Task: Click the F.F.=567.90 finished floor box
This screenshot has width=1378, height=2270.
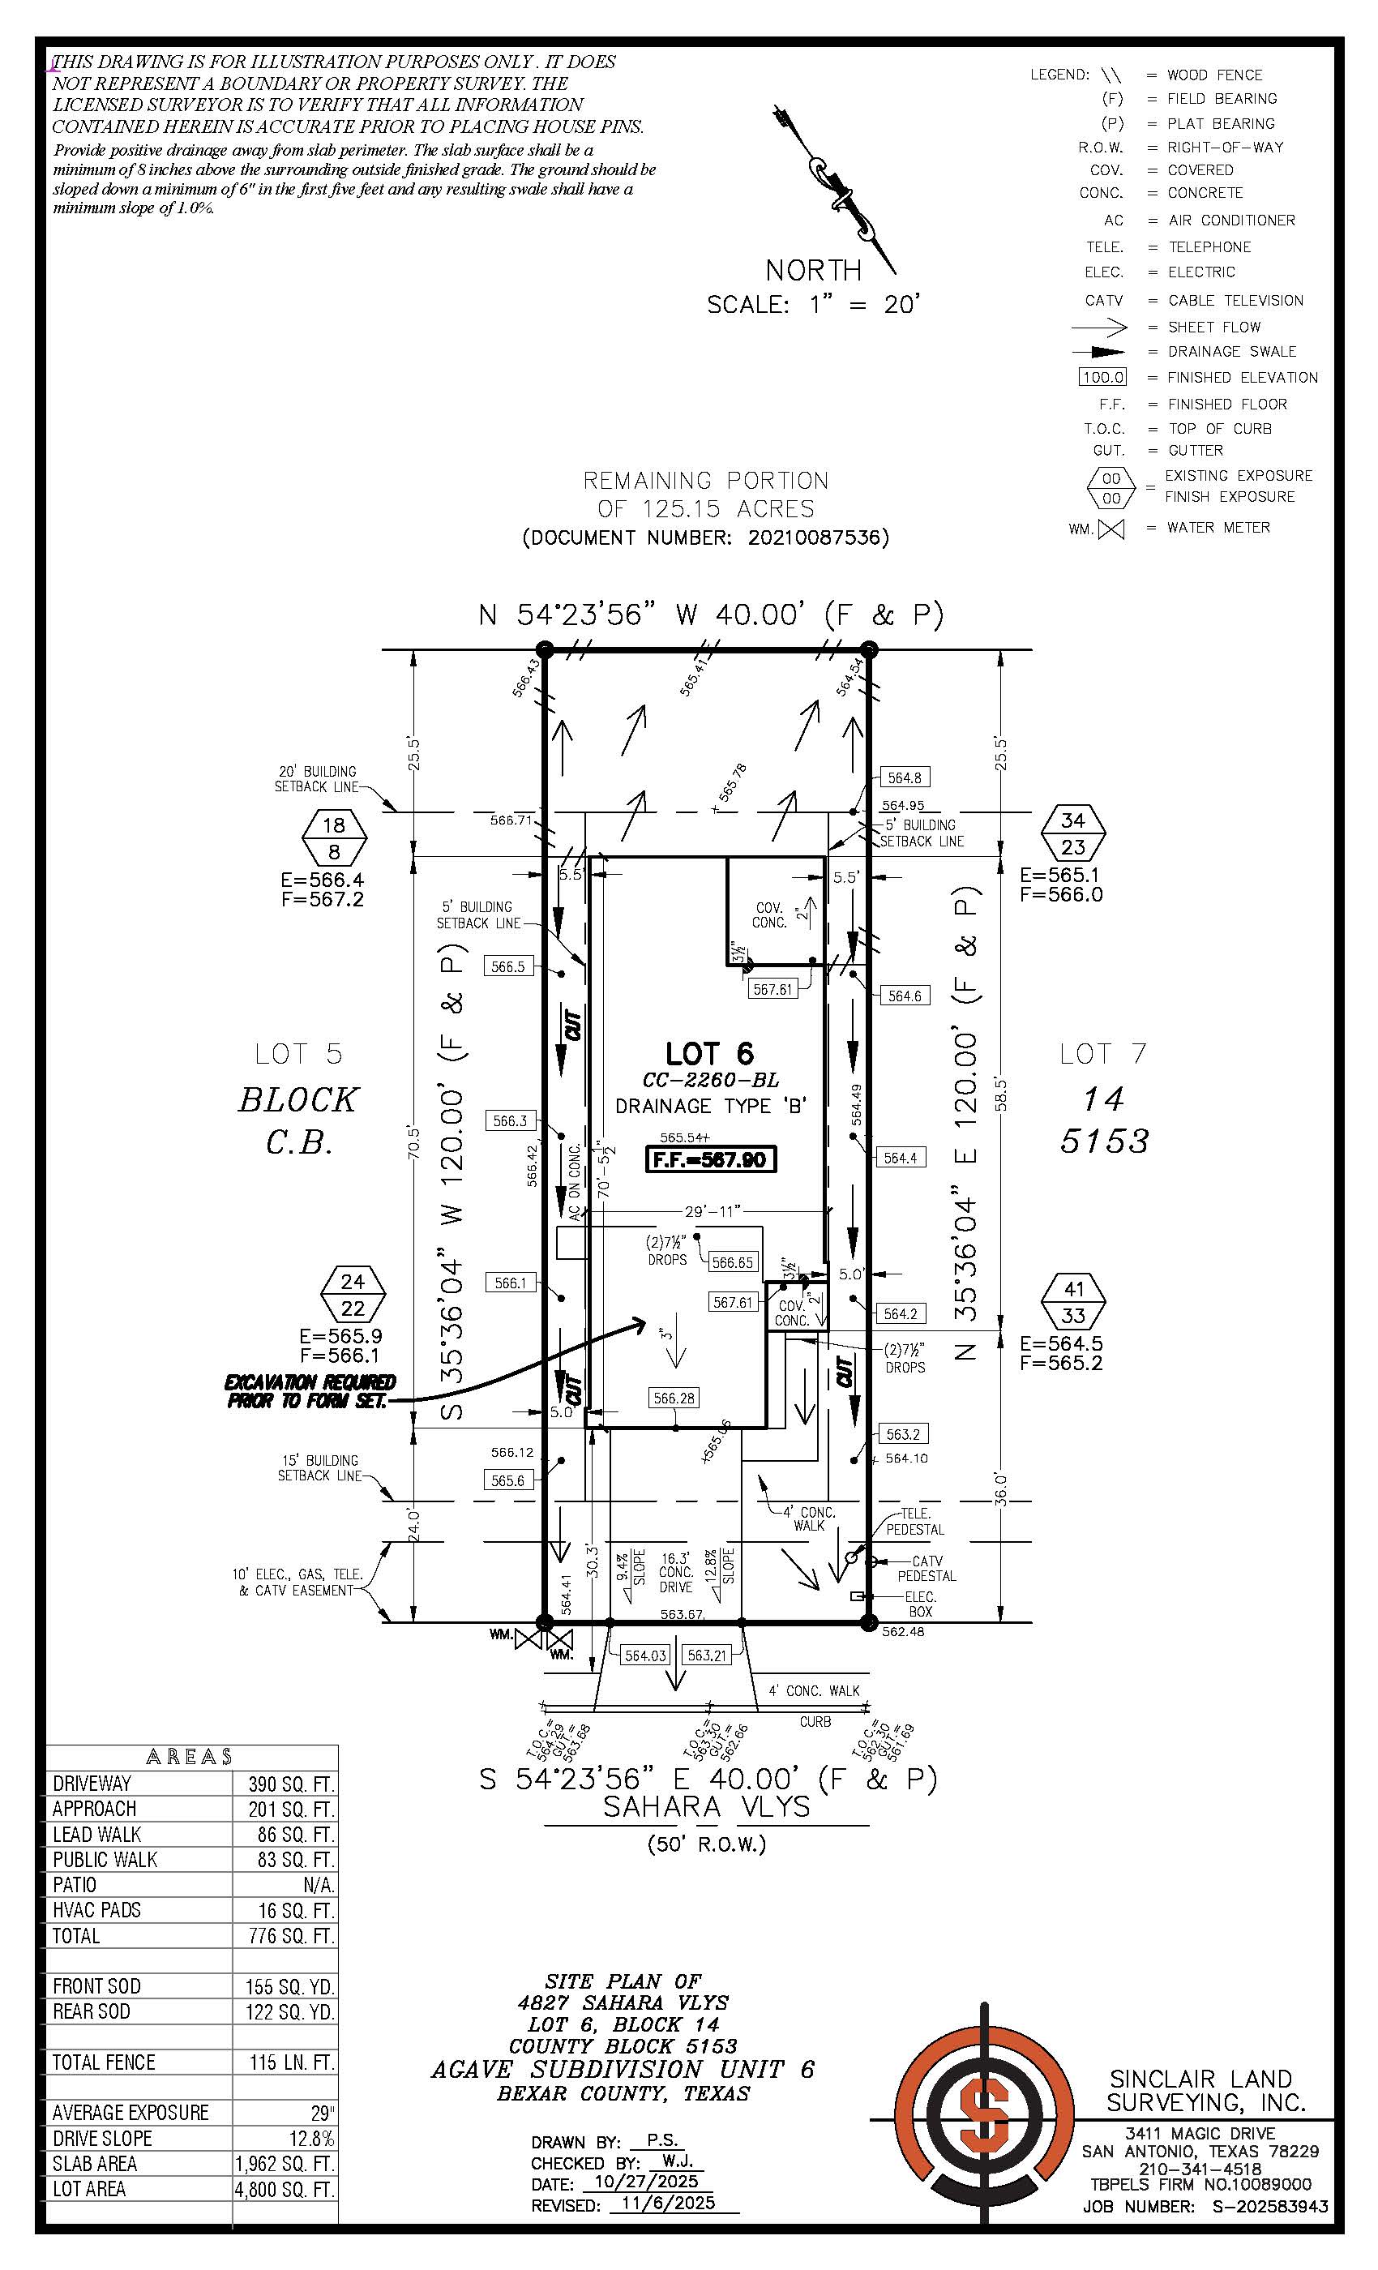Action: coord(710,1159)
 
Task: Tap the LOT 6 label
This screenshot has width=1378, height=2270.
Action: coord(709,1053)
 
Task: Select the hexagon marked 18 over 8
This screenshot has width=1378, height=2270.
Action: coord(334,837)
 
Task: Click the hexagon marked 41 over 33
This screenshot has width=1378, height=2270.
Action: coord(1074,1302)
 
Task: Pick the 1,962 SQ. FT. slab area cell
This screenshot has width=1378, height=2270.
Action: coord(285,2163)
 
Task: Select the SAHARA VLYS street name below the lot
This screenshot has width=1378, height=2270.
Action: coord(707,1806)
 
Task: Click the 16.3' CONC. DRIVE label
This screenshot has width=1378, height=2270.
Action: coord(675,1573)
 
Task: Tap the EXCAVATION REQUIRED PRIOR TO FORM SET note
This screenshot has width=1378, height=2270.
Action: coord(310,1391)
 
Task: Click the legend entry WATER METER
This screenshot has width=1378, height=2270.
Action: coord(1218,528)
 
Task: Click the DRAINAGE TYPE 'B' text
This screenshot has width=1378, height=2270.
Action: coord(710,1106)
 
